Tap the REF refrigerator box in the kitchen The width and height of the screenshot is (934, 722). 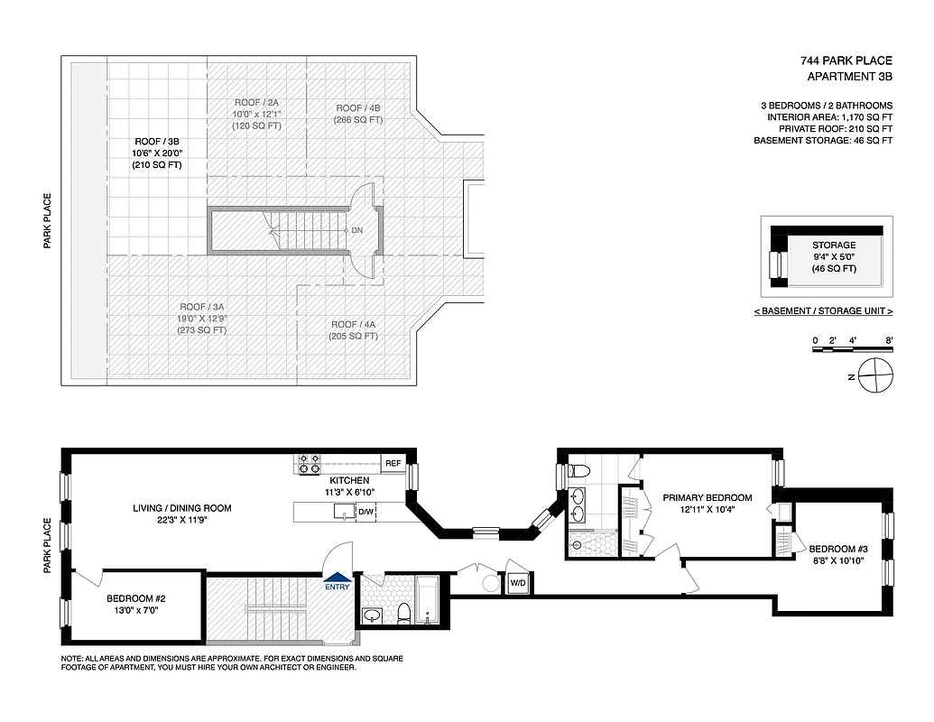pos(393,464)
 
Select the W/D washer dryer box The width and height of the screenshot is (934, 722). pos(518,582)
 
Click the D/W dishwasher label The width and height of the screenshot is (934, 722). pos(365,513)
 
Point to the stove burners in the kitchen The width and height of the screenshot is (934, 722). pos(310,464)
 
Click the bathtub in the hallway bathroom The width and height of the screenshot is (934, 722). pos(429,600)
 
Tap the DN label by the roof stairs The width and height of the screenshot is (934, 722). pos(357,230)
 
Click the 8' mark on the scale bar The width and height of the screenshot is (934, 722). pos(889,340)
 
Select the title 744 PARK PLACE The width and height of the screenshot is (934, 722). pos(846,61)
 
